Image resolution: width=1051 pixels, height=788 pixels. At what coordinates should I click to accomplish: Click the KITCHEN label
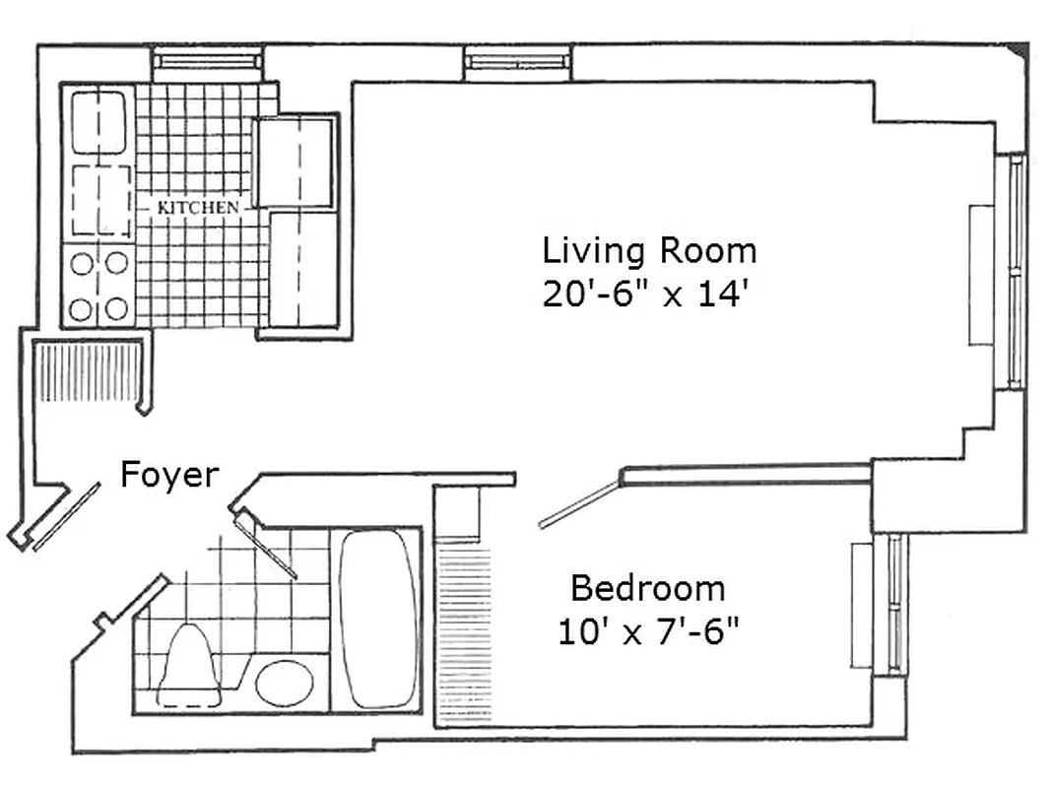click(198, 208)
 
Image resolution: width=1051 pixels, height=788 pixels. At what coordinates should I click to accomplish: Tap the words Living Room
click(649, 251)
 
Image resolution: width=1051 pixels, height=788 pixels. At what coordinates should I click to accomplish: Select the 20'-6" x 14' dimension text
click(648, 294)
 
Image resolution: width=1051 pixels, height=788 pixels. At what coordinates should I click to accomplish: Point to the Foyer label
click(168, 476)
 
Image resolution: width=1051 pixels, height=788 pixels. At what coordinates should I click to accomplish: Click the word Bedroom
click(648, 589)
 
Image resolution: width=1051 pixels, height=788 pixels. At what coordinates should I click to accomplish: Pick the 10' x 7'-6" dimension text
click(648, 631)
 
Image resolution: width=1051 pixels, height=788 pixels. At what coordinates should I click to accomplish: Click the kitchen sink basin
click(99, 123)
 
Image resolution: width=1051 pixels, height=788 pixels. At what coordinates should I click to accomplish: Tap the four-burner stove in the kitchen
click(99, 286)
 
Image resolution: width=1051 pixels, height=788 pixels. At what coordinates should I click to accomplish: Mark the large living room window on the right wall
click(1014, 271)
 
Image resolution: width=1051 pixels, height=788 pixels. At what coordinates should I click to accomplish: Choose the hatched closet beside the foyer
click(89, 371)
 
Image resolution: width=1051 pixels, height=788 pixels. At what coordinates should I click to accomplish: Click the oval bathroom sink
click(285, 682)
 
